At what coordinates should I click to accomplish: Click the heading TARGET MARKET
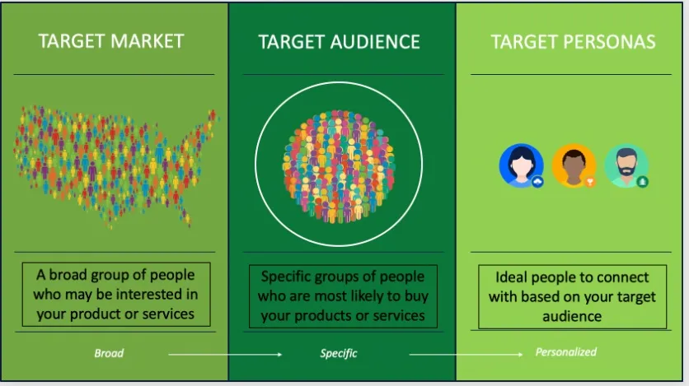(110, 40)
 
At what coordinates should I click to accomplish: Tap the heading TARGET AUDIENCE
(339, 42)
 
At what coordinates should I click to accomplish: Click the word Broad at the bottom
(109, 353)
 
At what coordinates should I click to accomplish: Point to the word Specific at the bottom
(339, 353)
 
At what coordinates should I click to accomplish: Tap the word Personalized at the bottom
(565, 352)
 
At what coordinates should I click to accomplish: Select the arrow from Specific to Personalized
(466, 354)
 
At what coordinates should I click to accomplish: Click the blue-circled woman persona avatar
(521, 165)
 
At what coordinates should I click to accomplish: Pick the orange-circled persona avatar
(574, 165)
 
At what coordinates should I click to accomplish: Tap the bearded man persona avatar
(626, 165)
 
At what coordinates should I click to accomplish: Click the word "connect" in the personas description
(622, 277)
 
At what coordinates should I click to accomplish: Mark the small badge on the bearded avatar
(642, 181)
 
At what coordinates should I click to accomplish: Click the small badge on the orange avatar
(589, 181)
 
